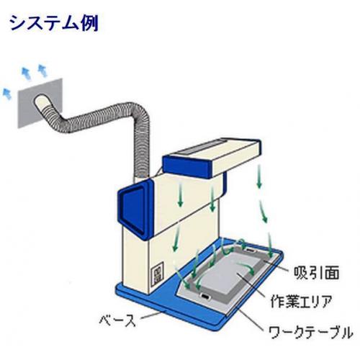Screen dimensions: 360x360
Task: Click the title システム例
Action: (x=54, y=23)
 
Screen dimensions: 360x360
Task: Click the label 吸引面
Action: (x=316, y=273)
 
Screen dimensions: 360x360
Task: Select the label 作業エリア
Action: (x=302, y=302)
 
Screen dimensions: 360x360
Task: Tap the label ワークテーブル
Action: (x=310, y=332)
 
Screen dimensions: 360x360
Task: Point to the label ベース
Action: (x=117, y=320)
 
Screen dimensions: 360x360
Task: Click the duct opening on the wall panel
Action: (x=40, y=101)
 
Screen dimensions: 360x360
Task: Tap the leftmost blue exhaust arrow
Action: (x=6, y=94)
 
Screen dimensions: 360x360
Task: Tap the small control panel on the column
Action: (x=157, y=274)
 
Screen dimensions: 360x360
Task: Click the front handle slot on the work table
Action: (x=204, y=297)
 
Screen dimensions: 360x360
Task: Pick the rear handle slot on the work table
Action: (x=250, y=251)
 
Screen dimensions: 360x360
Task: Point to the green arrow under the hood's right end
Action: (x=258, y=176)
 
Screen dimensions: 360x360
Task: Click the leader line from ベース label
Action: (x=152, y=315)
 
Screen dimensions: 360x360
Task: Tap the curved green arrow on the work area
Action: (x=246, y=269)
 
